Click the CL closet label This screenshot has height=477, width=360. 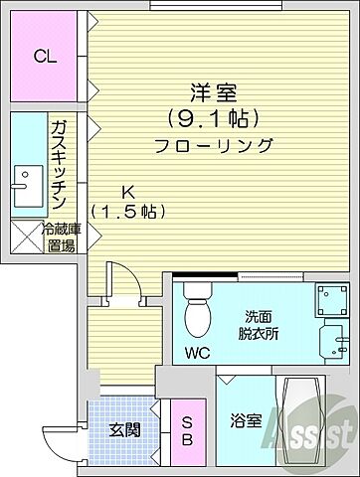(x=44, y=57)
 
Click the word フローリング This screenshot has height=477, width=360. (x=213, y=145)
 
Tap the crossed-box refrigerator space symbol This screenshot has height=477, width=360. (x=24, y=237)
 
